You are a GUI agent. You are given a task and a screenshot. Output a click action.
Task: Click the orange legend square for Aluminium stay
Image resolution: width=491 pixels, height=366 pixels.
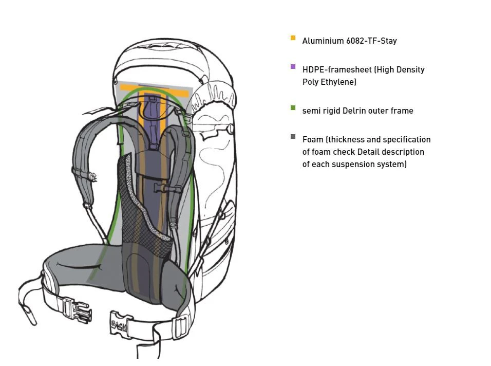[293, 38]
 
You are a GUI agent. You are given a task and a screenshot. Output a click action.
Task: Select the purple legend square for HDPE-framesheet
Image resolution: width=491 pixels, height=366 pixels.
[293, 67]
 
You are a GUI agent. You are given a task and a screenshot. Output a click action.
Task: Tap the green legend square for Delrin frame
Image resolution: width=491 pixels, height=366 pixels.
[293, 108]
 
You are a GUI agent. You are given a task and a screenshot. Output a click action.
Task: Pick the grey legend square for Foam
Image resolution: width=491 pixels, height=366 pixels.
[293, 137]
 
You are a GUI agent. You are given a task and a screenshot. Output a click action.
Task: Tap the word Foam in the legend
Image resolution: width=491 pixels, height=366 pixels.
[312, 139]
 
